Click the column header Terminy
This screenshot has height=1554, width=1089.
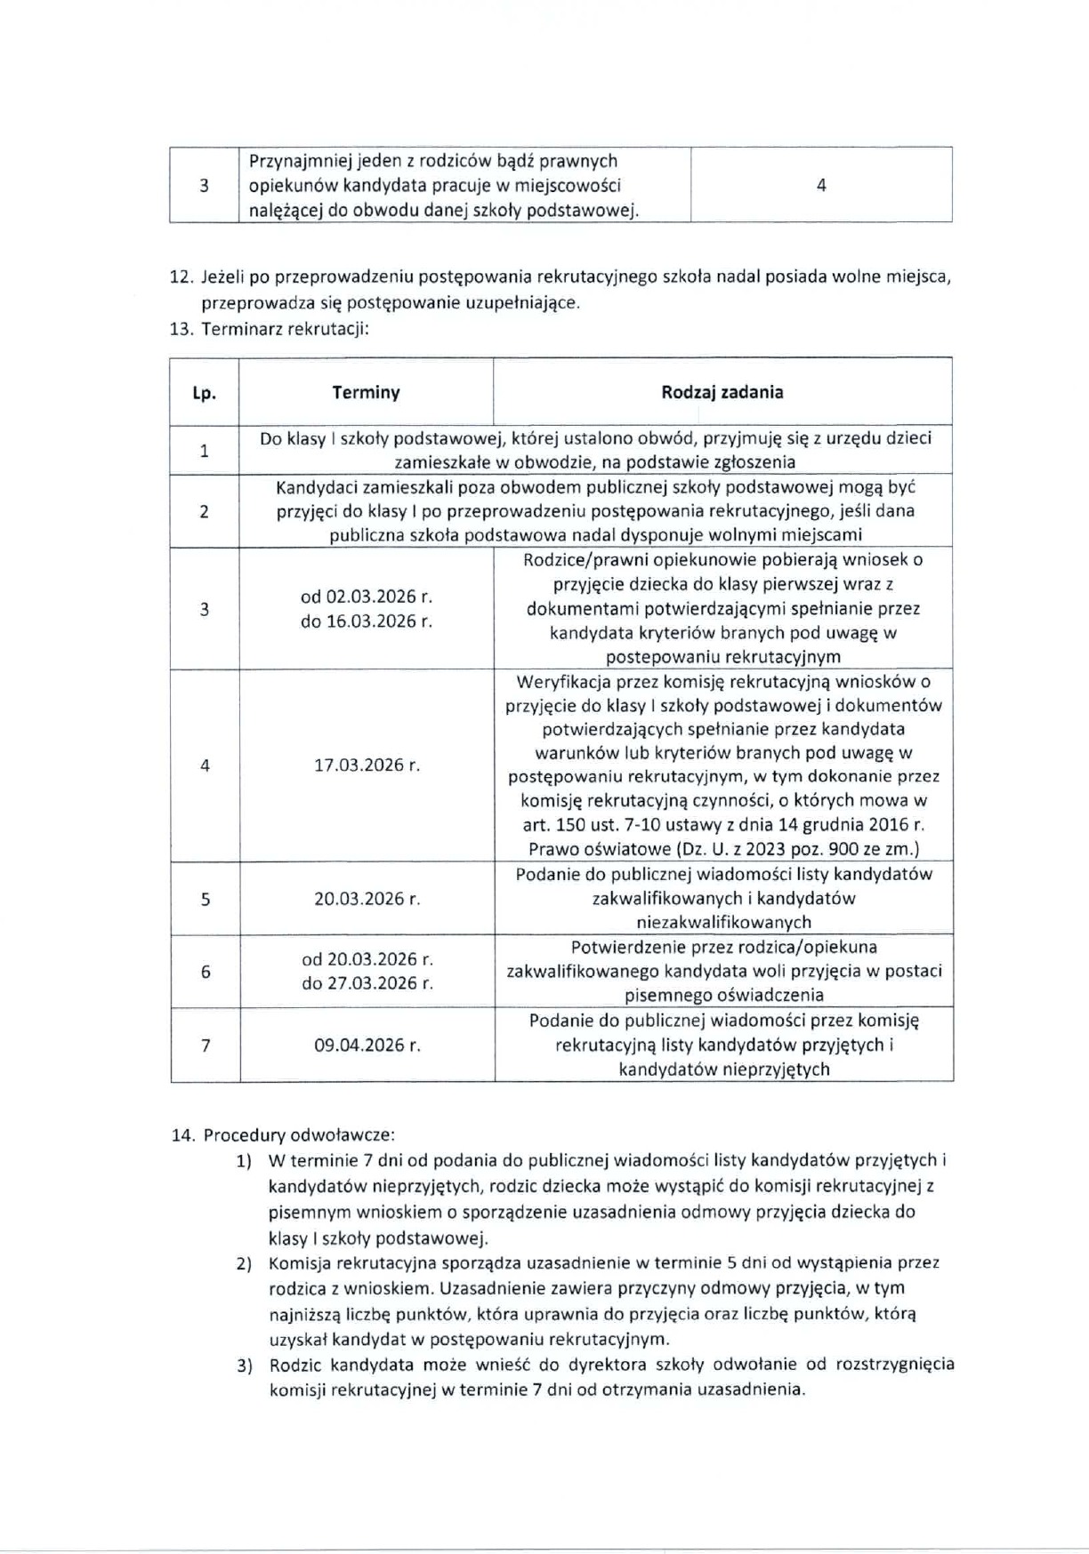click(366, 392)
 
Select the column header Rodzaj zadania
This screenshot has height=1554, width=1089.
click(722, 392)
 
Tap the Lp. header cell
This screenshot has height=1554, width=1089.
click(204, 393)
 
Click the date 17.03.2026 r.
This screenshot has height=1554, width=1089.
click(367, 765)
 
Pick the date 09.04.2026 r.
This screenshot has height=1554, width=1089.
click(367, 1045)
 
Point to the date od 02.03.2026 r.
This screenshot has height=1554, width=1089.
click(367, 597)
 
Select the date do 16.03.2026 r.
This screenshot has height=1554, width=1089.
click(367, 621)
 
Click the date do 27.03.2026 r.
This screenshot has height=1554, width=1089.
click(367, 983)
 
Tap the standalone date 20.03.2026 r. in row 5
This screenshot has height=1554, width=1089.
click(367, 899)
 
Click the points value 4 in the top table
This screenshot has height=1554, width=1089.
click(820, 185)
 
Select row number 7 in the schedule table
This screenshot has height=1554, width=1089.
click(206, 1045)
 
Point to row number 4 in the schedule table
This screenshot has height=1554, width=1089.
click(205, 765)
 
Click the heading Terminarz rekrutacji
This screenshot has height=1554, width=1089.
click(285, 329)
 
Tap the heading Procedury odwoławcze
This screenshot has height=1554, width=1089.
click(299, 1135)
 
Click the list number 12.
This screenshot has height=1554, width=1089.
click(181, 276)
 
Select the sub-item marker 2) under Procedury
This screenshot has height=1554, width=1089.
click(244, 1263)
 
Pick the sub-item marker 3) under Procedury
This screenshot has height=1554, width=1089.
click(244, 1365)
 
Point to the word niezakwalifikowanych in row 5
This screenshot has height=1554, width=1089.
click(723, 923)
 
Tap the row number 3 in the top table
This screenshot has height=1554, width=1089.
click(204, 185)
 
